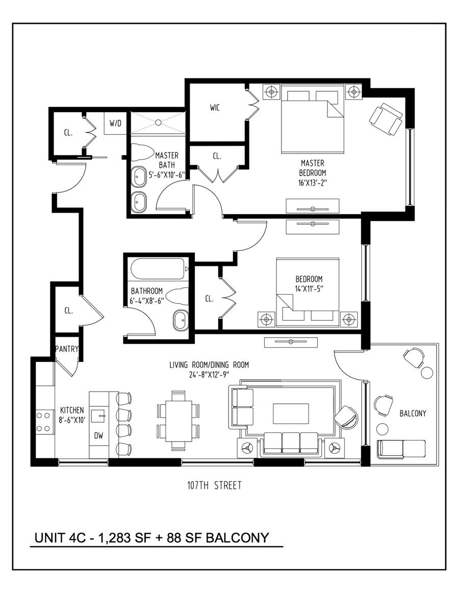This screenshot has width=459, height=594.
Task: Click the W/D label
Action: [x=115, y=123]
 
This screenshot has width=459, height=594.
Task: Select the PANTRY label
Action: [x=67, y=349]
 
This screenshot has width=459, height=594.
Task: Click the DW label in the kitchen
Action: [x=99, y=436]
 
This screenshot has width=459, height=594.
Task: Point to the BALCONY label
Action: [x=413, y=414]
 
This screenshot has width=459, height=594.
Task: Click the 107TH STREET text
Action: [x=214, y=485]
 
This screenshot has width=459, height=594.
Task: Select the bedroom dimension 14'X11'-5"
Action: [x=309, y=289]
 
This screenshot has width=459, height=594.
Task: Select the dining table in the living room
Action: [x=178, y=420]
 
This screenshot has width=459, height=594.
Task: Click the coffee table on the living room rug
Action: [x=291, y=413]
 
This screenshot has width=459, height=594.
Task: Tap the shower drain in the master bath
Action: [x=158, y=122]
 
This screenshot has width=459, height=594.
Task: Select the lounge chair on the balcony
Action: [x=402, y=449]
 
